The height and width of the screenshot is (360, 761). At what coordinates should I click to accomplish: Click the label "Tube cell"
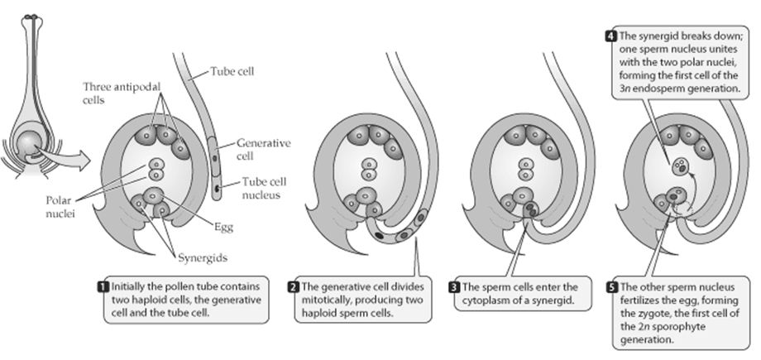(232, 72)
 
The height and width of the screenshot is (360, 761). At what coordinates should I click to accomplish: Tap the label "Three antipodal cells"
(122, 93)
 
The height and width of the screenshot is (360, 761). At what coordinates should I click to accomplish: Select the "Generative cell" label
(264, 150)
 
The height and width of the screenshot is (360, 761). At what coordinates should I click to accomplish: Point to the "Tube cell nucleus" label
(265, 189)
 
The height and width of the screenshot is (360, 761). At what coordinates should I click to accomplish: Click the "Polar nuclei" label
(60, 206)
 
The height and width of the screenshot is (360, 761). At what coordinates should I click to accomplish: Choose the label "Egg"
(223, 227)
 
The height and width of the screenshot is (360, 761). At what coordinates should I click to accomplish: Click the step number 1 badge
(103, 286)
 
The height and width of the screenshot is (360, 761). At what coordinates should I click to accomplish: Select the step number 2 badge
(293, 286)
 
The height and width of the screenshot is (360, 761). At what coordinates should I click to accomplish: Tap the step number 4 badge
(610, 36)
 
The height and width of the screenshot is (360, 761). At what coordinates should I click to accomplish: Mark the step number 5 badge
(611, 287)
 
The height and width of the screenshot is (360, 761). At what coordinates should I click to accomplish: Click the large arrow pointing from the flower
(63, 157)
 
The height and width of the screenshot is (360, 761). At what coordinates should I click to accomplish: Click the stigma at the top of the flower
(31, 18)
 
